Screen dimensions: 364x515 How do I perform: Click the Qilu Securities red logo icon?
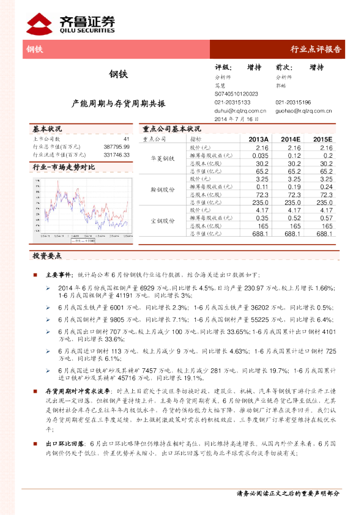tap(40, 23)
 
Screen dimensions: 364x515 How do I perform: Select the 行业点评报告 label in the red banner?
tap(315, 50)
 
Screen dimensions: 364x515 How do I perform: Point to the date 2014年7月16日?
tap(232, 119)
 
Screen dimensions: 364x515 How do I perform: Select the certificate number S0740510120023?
tap(237, 94)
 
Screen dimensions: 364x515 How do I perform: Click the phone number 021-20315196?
tap(293, 102)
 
